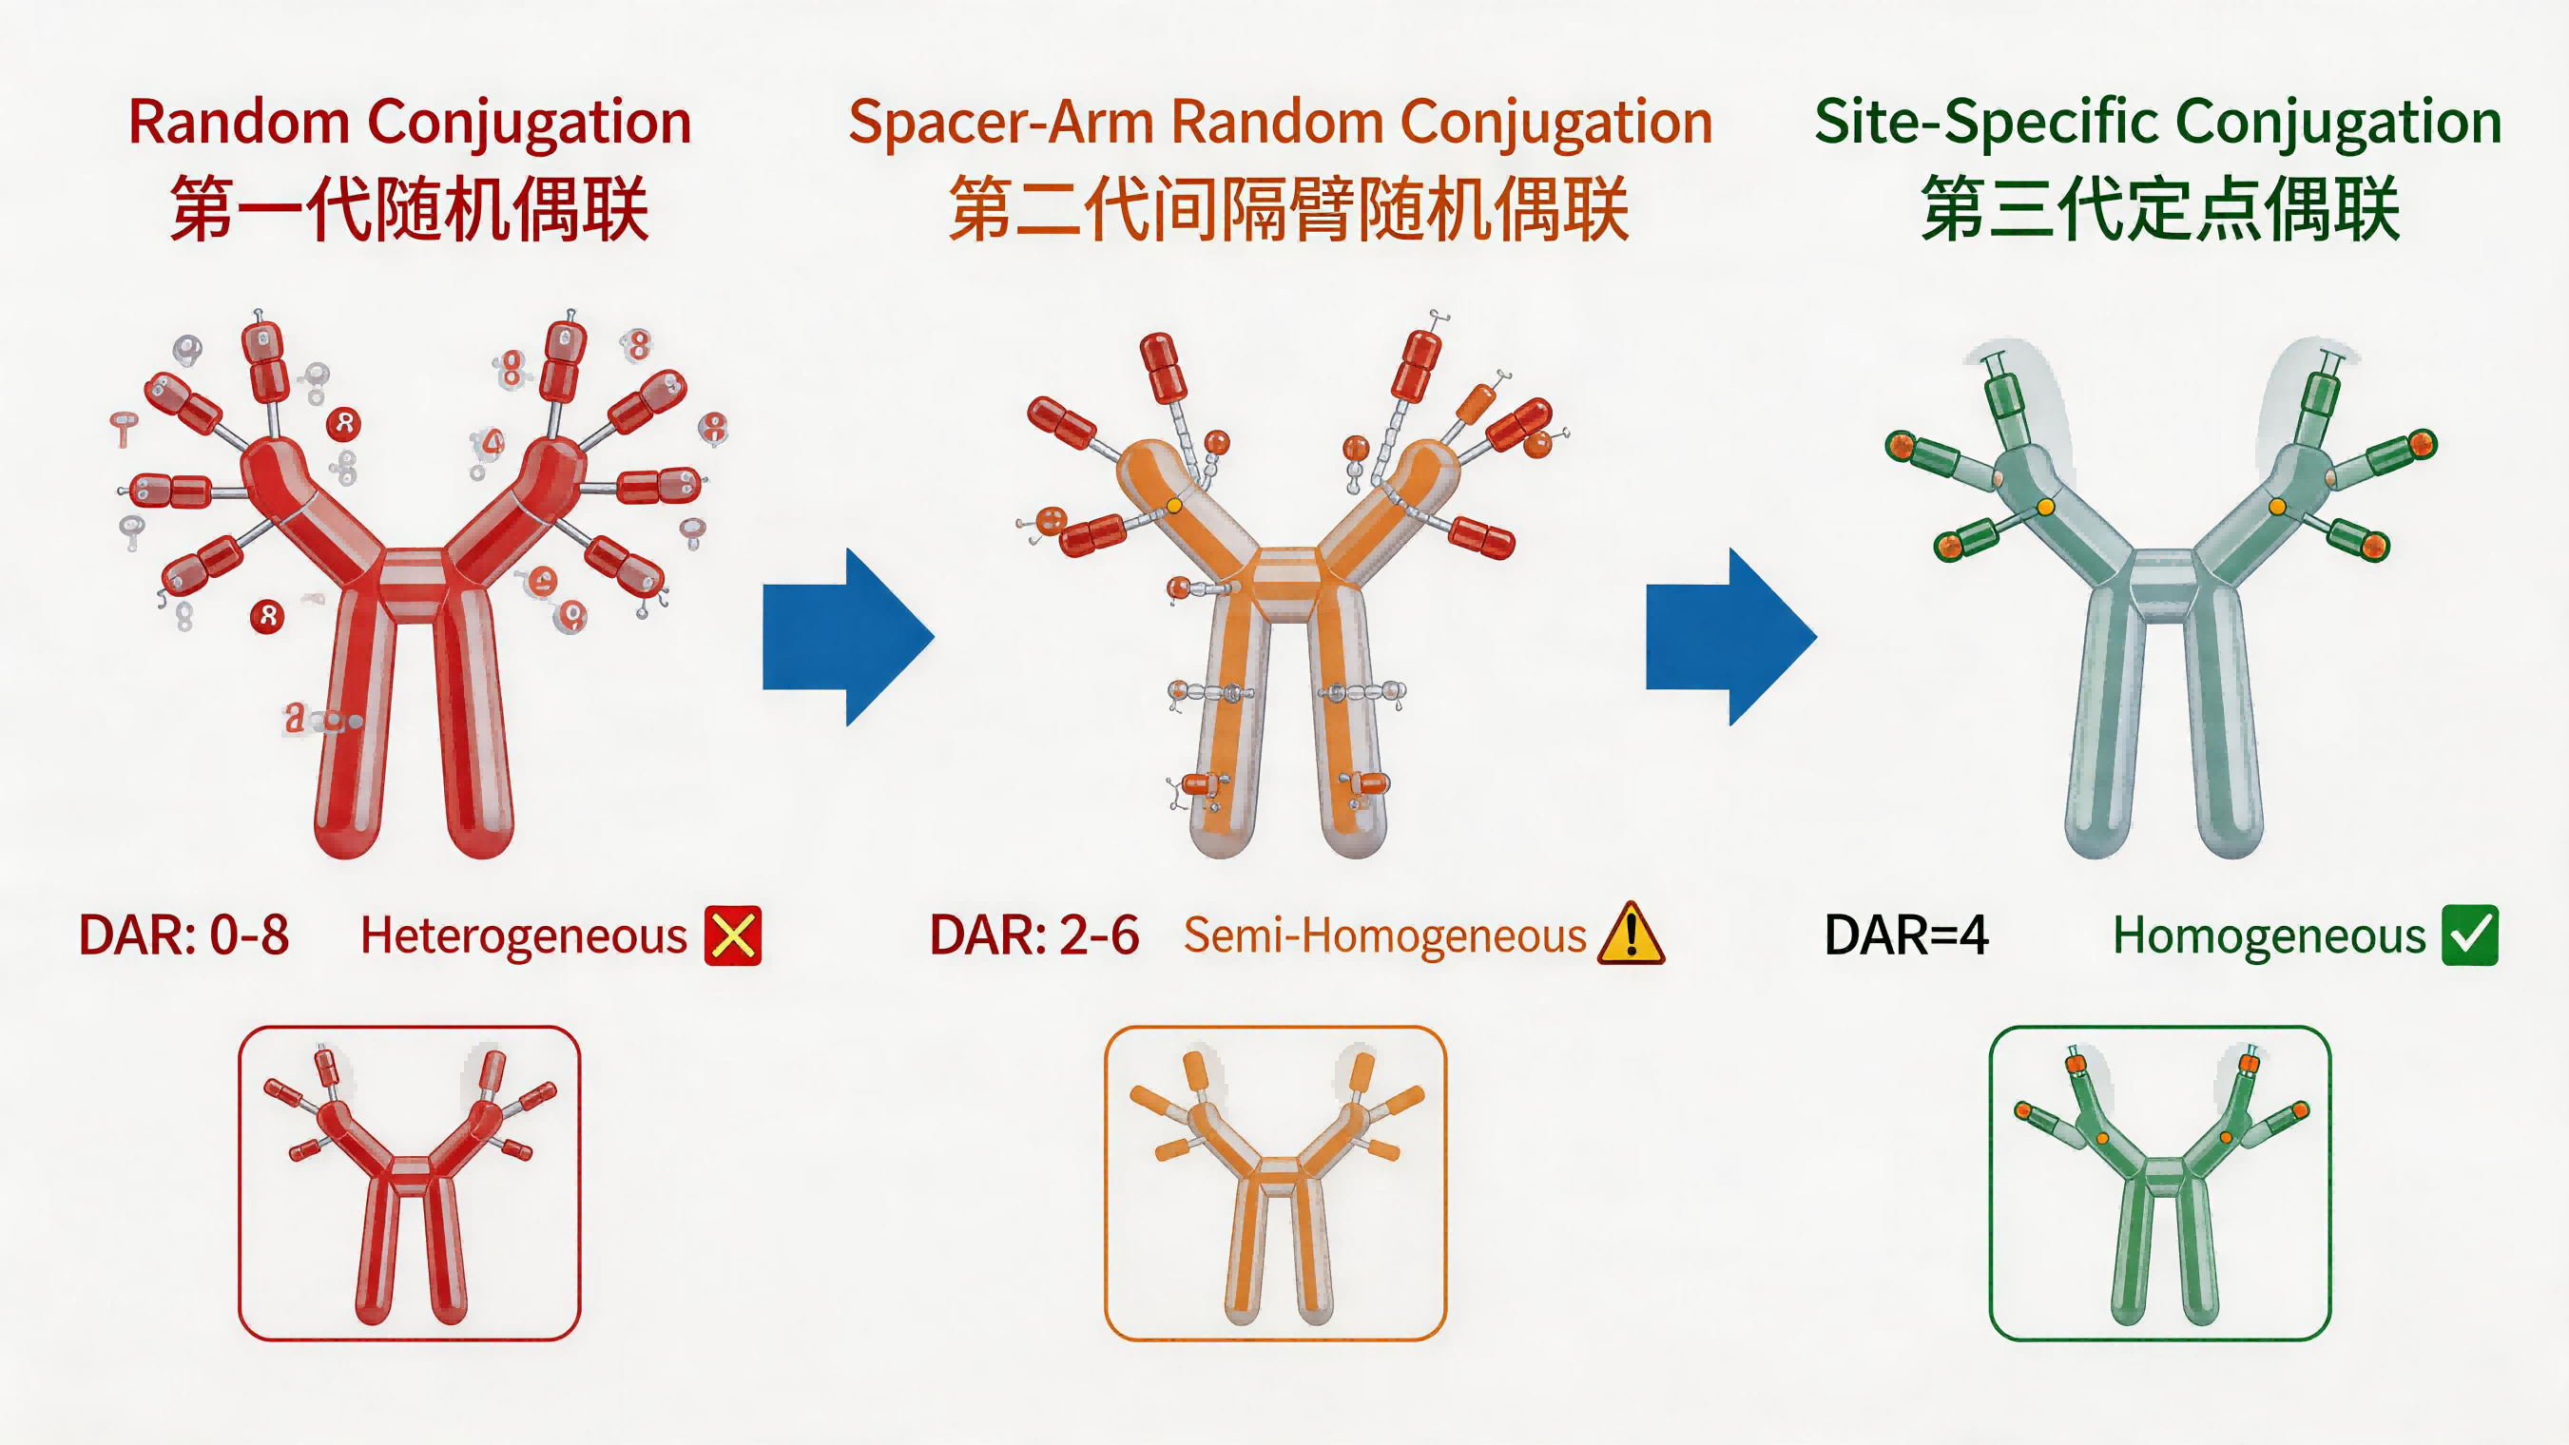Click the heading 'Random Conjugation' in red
[x=410, y=123]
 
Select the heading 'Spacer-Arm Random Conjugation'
[x=1280, y=123]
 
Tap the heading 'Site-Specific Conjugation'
[x=2157, y=123]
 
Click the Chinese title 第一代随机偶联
[x=410, y=209]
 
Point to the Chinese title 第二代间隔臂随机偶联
[x=1288, y=209]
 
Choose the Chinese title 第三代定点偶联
[x=2160, y=209]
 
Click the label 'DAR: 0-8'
[x=184, y=935]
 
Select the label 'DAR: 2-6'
[x=1034, y=935]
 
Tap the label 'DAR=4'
[x=1905, y=935]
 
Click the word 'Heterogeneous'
[x=524, y=936]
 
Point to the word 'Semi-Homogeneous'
[x=1384, y=936]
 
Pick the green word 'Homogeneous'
[x=2269, y=936]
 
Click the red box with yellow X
[x=733, y=935]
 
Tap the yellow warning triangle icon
[x=1631, y=935]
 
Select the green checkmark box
[x=2469, y=935]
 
